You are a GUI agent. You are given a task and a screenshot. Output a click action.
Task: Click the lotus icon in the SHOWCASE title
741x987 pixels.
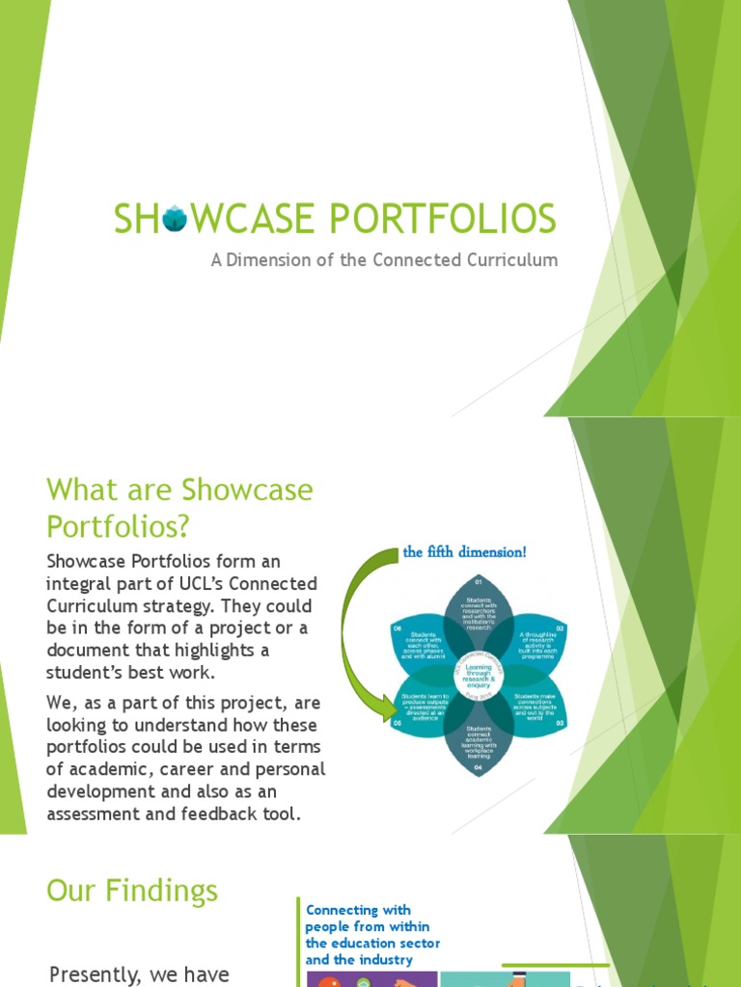pyautogui.click(x=174, y=220)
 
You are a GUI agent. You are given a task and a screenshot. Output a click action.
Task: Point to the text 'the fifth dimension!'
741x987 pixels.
pyautogui.click(x=464, y=553)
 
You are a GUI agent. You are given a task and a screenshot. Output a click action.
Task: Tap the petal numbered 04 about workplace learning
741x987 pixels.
pyautogui.click(x=473, y=743)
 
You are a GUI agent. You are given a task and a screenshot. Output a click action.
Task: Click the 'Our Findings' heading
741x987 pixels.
pyautogui.click(x=132, y=890)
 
